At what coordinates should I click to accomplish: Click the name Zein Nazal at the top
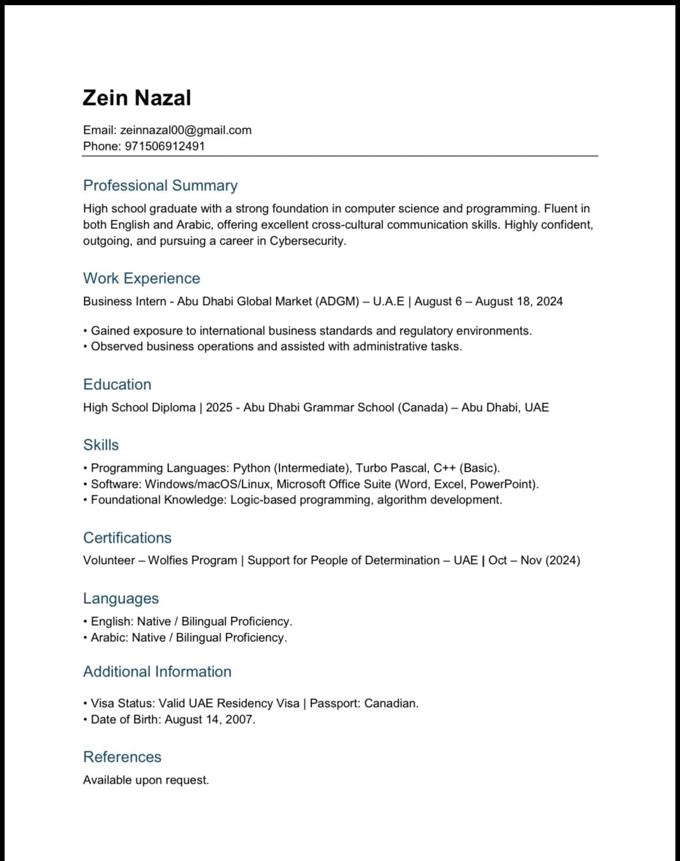click(x=137, y=97)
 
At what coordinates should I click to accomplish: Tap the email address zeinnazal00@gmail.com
click(x=186, y=130)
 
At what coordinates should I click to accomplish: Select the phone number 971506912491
click(x=164, y=146)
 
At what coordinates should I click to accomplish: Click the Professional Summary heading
click(x=160, y=186)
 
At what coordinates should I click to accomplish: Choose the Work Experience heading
click(x=141, y=279)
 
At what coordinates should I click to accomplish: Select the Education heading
click(x=117, y=385)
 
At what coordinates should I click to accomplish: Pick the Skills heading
click(x=101, y=445)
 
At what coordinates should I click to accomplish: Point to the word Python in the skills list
click(x=251, y=468)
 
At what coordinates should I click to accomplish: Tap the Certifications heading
click(x=127, y=538)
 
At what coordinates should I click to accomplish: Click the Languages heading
click(x=121, y=599)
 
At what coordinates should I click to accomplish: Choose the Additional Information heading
click(x=157, y=672)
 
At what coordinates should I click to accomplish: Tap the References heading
click(x=122, y=757)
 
